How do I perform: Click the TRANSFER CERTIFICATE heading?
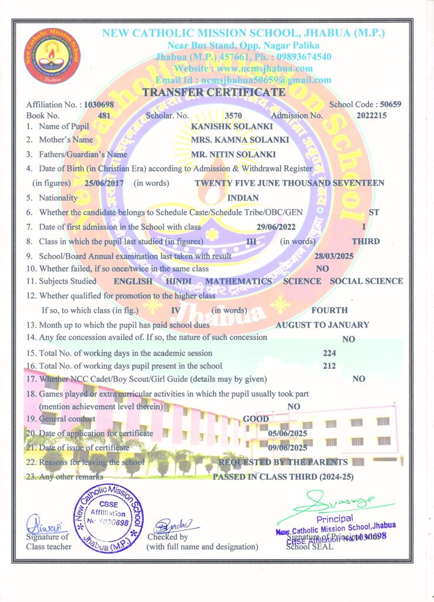pos(214,92)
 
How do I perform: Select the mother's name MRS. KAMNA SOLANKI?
pos(240,140)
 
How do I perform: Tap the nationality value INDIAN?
pos(242,198)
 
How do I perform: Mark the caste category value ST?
pos(373,212)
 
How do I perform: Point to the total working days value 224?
pos(330,353)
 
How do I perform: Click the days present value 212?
pos(329,366)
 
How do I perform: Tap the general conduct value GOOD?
pos(256,419)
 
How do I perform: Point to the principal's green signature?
pos(334,503)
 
